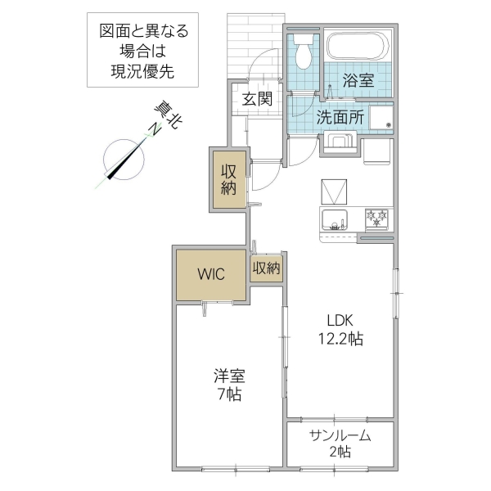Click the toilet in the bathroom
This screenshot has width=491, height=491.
click(x=304, y=54)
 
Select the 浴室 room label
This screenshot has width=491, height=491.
click(x=358, y=81)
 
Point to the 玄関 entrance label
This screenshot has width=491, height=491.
click(x=255, y=99)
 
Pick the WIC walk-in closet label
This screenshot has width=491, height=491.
click(x=209, y=275)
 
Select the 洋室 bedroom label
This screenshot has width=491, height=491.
click(x=228, y=376)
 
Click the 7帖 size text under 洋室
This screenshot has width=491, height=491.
click(x=228, y=394)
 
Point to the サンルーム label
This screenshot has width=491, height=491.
click(x=340, y=435)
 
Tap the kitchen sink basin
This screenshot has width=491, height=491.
click(x=334, y=219)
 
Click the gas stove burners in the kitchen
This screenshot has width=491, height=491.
click(x=378, y=218)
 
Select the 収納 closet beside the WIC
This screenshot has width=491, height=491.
click(x=266, y=268)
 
